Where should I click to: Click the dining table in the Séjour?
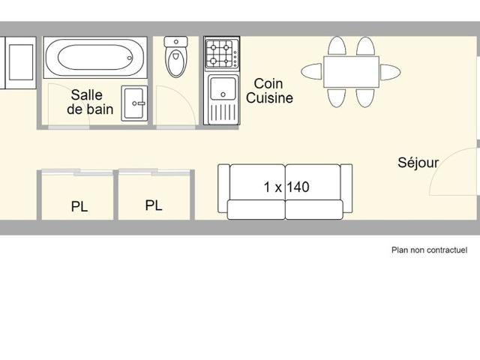[351, 72]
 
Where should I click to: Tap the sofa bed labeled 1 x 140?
[285, 191]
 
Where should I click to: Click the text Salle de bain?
[91, 102]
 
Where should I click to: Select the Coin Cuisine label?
[269, 91]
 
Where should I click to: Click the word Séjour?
[418, 162]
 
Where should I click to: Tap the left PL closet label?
[79, 207]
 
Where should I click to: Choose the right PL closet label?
[154, 205]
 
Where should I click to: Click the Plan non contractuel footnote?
[429, 250]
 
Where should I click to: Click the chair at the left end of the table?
[312, 72]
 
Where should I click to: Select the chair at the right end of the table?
[389, 72]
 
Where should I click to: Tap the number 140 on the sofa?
[298, 187]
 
